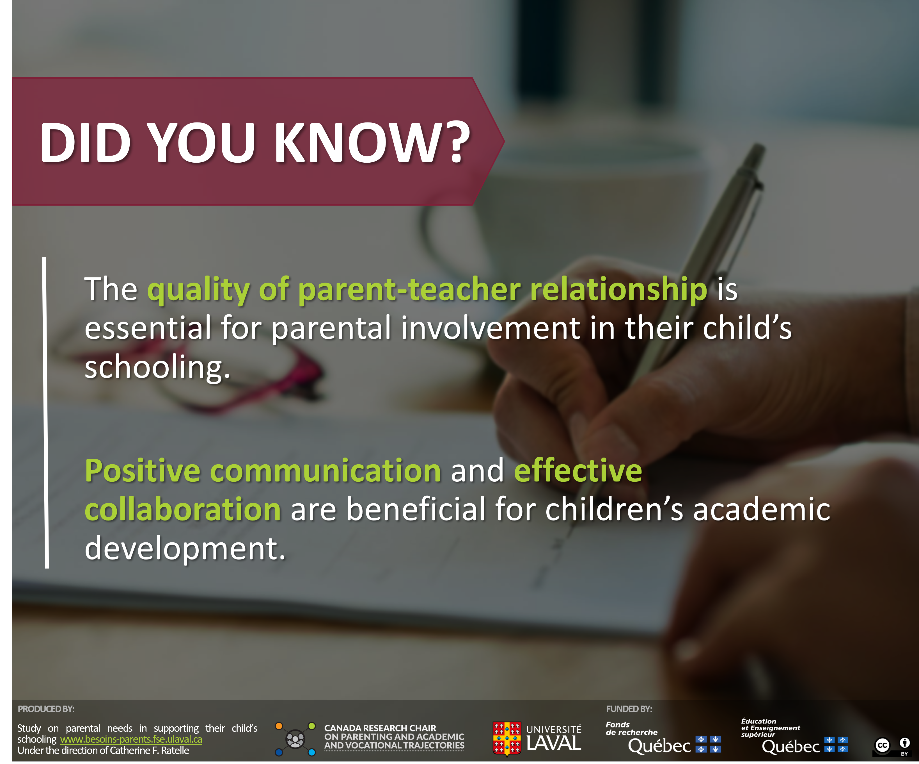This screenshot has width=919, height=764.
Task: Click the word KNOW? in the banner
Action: pyautogui.click(x=372, y=142)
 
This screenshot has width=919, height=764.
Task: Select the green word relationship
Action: pyautogui.click(x=618, y=290)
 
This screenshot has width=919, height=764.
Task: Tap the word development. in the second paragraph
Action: pyautogui.click(x=185, y=549)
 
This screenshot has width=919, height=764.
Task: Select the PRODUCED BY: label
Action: pyautogui.click(x=46, y=709)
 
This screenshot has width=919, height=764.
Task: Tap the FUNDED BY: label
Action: pyautogui.click(x=629, y=709)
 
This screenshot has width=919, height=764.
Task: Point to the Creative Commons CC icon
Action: pyautogui.click(x=882, y=745)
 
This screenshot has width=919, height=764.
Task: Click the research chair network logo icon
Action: pyautogui.click(x=295, y=739)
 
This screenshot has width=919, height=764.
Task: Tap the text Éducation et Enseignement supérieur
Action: pyautogui.click(x=770, y=728)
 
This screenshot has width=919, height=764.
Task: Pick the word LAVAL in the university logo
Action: pyautogui.click(x=554, y=743)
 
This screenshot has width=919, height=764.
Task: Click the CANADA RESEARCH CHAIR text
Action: pyautogui.click(x=380, y=728)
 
